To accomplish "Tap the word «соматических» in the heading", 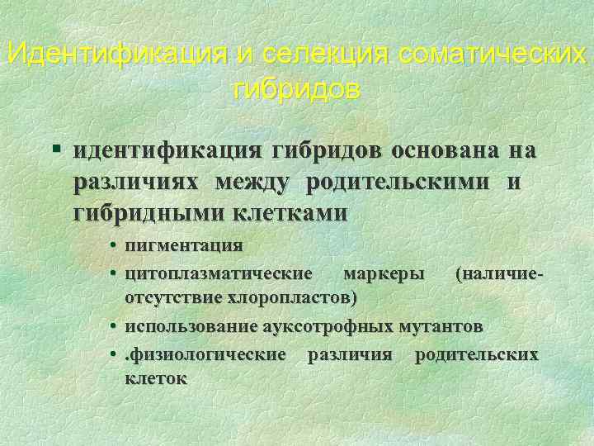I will click(492, 55).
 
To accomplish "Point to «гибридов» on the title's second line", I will click(297, 88).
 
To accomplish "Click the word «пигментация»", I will click(182, 245).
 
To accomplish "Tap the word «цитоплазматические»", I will click(218, 272).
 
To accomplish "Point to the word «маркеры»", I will click(385, 272).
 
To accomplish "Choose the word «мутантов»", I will click(442, 326).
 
